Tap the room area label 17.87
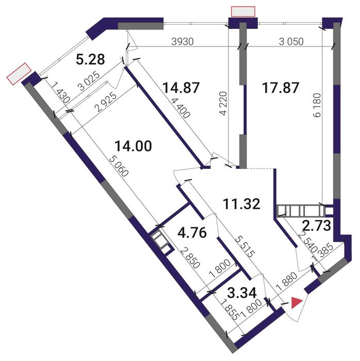tap(281, 88)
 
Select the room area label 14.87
tap(181, 88)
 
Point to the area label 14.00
tap(134, 146)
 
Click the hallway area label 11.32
tap(241, 204)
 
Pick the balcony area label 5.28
tap(90, 59)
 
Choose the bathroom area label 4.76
tap(192, 233)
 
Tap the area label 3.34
tap(241, 293)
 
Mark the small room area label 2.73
tap(317, 226)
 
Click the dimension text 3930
tap(183, 41)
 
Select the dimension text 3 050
tap(291, 41)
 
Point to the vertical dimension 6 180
tap(317, 105)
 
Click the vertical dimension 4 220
tap(223, 103)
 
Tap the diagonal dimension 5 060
tap(119, 166)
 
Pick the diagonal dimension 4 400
tap(181, 107)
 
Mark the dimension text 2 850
tap(190, 258)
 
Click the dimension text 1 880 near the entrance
tap(287, 281)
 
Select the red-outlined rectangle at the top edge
tap(243, 11)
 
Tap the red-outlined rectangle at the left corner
tap(19, 74)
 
